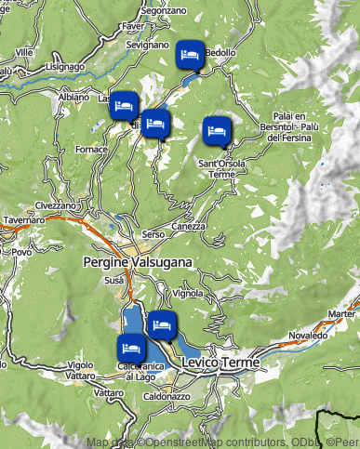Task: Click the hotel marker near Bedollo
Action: point(190,56)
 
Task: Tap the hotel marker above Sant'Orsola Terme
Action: point(216,131)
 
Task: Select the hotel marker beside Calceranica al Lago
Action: point(130,350)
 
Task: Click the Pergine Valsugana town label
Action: point(137,262)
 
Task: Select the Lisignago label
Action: point(64,67)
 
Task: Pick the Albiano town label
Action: point(73,97)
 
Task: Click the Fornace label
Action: point(91,149)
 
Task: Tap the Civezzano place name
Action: point(56,205)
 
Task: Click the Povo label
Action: point(21,252)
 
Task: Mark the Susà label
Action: point(114,279)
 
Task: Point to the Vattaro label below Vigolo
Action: point(109,394)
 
